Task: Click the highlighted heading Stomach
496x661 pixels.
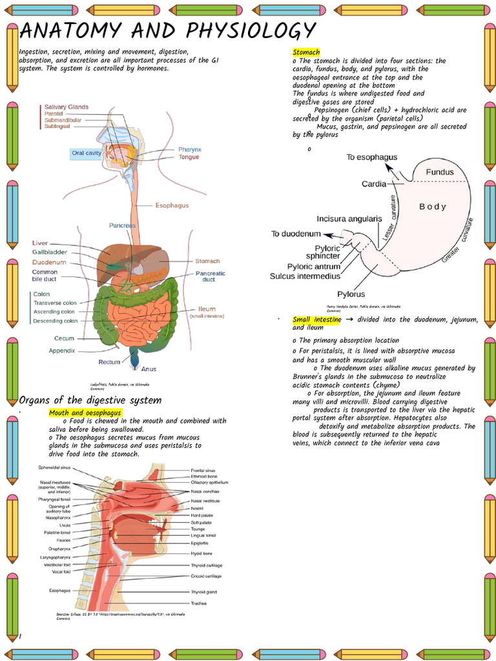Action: tap(306, 52)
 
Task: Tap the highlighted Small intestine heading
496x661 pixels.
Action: tap(316, 320)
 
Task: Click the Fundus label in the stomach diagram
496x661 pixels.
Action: tap(439, 172)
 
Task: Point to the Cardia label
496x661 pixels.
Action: tap(374, 184)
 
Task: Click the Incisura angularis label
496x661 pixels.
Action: tap(349, 219)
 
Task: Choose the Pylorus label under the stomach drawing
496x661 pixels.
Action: tap(351, 294)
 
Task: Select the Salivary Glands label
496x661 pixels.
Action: tap(67, 107)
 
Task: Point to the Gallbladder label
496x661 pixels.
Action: tap(50, 252)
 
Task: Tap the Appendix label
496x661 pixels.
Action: tap(62, 351)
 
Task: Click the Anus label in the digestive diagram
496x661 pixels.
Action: tap(149, 369)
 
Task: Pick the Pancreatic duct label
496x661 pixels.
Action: tap(210, 276)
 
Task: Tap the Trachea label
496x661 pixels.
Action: tap(198, 603)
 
